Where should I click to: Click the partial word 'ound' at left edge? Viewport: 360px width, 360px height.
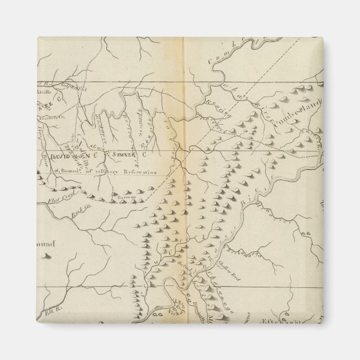pyautogui.click(x=51, y=244)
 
